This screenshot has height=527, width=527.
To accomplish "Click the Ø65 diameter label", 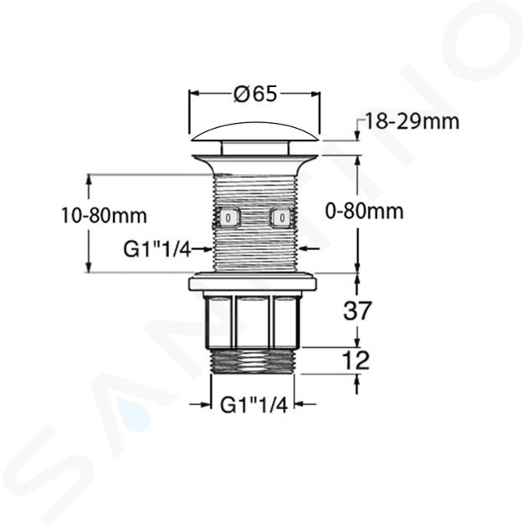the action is pyautogui.click(x=256, y=94).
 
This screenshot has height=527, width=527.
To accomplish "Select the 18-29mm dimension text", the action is pyautogui.click(x=412, y=121).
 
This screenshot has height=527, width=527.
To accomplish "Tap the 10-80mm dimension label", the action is pyautogui.click(x=105, y=216).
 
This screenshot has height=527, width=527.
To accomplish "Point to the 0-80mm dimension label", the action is pyautogui.click(x=365, y=212).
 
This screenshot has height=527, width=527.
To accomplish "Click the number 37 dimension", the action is pyautogui.click(x=357, y=310).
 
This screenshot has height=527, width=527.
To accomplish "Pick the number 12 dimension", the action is pyautogui.click(x=356, y=361).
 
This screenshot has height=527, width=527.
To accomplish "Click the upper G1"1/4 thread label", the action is pyautogui.click(x=157, y=249).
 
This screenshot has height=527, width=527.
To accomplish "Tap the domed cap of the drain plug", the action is pyautogui.click(x=255, y=132).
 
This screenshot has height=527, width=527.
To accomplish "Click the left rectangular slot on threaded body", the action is pyautogui.click(x=228, y=217).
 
